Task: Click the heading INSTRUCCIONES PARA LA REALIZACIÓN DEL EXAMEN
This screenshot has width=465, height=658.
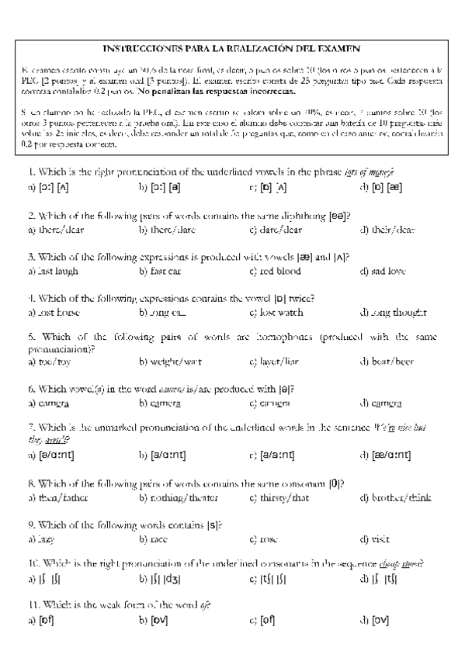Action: click(x=232, y=47)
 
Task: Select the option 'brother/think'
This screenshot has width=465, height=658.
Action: click(x=395, y=497)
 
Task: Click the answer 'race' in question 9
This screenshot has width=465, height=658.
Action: click(x=153, y=539)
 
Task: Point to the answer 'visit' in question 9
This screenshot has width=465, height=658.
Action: click(x=376, y=539)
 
